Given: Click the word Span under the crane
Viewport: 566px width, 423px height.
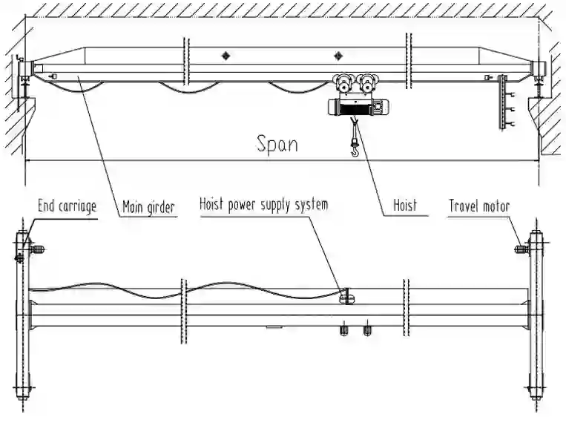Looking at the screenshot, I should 277,143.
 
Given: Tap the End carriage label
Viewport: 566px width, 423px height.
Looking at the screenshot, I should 67,206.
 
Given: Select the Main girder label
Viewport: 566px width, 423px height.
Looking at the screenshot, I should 148,207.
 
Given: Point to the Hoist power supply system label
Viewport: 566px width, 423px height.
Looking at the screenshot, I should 263,203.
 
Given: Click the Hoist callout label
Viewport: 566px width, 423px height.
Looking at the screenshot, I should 405,205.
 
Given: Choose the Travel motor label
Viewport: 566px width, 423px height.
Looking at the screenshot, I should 479,206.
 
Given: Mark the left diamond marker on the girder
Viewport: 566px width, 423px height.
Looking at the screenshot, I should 226,56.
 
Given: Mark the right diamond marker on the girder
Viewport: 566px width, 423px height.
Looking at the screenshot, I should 339,56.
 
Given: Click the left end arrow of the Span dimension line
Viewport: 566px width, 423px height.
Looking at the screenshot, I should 27,161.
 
